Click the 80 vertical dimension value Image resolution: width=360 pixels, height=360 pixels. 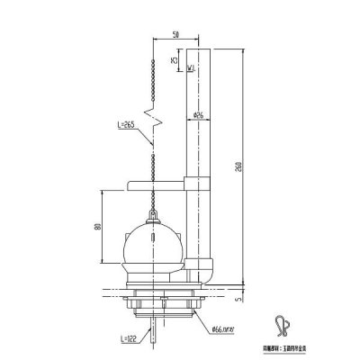pos(96,228)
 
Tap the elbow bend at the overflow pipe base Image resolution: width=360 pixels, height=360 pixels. pos(203,265)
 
